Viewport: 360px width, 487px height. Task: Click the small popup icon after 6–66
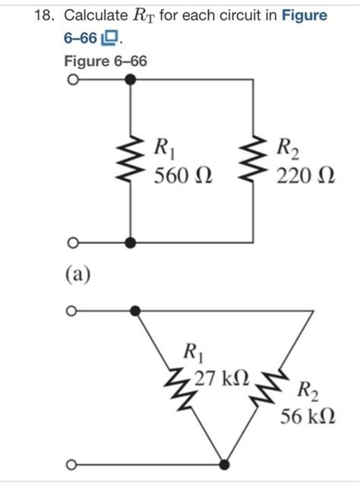tap(110, 37)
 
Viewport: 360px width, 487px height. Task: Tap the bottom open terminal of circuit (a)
tap(71, 243)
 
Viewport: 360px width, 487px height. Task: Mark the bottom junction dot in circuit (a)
tap(131, 243)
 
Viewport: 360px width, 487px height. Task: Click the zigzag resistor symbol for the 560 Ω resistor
tap(131, 160)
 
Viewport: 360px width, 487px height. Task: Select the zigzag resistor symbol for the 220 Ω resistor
tap(252, 160)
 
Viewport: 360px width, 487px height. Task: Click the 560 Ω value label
tap(183, 178)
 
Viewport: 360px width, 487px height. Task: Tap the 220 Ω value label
tap(305, 178)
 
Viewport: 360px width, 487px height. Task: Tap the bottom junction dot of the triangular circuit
tap(226, 464)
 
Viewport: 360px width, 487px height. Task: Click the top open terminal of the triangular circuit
tap(71, 311)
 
